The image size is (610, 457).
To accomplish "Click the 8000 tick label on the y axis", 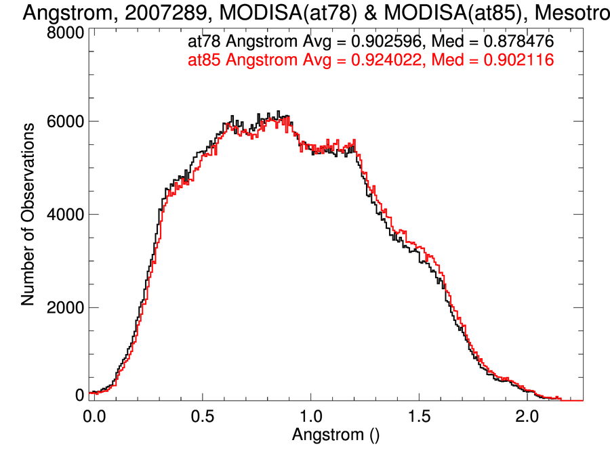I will (65, 32).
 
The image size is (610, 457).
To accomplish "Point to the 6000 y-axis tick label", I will (65, 122).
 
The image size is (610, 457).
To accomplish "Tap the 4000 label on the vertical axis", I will (65, 215).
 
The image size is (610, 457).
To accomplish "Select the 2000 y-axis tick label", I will (65, 307).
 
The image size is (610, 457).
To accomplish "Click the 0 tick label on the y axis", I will (80, 394).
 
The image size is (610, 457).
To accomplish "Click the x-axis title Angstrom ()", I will (335, 435).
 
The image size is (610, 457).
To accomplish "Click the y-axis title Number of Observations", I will (28, 214).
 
